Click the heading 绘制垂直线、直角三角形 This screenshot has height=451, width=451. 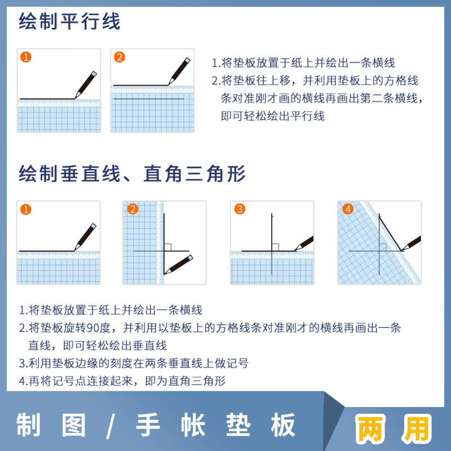[132, 173]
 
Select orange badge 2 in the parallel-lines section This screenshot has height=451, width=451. [119, 57]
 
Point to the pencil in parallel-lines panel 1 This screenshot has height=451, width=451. [86, 84]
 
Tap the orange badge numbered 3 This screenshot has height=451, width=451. [240, 209]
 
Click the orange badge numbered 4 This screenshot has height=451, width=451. [347, 209]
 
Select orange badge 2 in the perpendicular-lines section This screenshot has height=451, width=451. [132, 209]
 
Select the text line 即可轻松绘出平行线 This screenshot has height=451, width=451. [273, 117]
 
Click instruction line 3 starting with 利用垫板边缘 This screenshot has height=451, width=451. [134, 364]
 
